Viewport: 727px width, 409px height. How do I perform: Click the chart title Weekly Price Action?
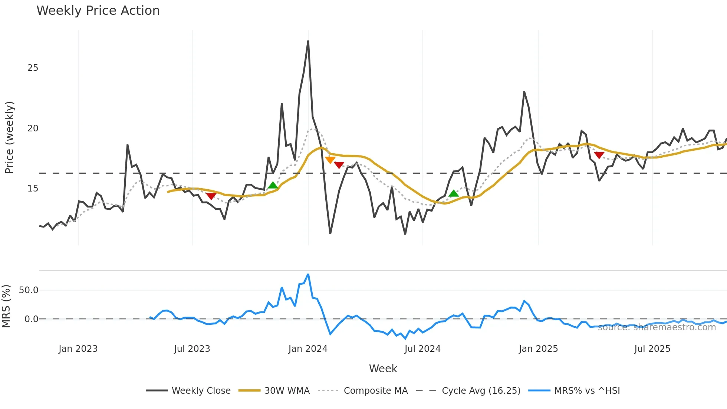(x=98, y=11)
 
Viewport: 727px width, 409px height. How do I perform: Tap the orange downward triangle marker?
(x=330, y=160)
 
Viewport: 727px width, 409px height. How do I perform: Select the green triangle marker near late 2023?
(x=273, y=185)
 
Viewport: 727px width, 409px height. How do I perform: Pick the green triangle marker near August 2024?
(x=454, y=193)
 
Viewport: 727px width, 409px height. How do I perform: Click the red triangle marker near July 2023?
(x=211, y=196)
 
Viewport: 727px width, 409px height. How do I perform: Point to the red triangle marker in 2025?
(x=599, y=155)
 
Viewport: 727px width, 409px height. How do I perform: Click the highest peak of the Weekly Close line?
(x=308, y=41)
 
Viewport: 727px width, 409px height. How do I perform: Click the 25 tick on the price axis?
(x=33, y=68)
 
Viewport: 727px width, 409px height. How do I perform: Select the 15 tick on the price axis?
(x=33, y=189)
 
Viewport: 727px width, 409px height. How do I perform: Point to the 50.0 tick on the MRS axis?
(x=29, y=290)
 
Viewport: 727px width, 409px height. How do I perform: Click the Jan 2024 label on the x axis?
(x=308, y=349)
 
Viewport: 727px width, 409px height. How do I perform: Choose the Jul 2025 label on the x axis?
(x=652, y=349)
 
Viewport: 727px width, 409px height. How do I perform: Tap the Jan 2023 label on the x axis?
(x=78, y=349)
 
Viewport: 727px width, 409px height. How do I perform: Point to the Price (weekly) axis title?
(x=9, y=137)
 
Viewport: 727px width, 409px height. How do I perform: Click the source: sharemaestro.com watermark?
(x=657, y=327)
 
